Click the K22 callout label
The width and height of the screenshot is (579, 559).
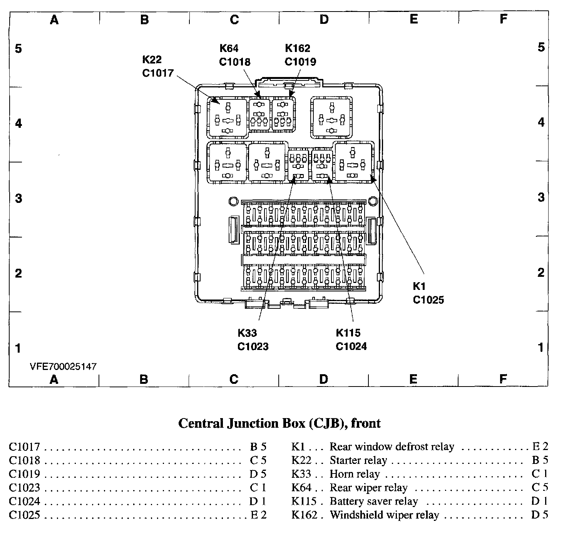152,60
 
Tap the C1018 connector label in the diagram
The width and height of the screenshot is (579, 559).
234,62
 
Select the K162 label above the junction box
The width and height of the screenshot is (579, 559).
297,49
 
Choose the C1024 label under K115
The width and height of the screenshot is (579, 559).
351,346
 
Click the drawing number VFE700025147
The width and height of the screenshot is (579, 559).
63,367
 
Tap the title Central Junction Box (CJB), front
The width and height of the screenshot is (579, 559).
279,423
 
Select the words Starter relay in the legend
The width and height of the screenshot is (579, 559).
358,460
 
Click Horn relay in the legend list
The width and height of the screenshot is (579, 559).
355,474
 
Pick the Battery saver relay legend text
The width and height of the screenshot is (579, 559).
373,501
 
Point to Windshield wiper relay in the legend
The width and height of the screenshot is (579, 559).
384,515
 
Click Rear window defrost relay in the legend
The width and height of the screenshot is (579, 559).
392,447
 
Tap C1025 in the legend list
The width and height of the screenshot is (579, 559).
24,515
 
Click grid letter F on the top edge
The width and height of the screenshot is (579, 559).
504,19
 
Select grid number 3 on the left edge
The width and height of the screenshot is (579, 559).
18,199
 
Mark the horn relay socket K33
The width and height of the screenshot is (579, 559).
298,165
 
